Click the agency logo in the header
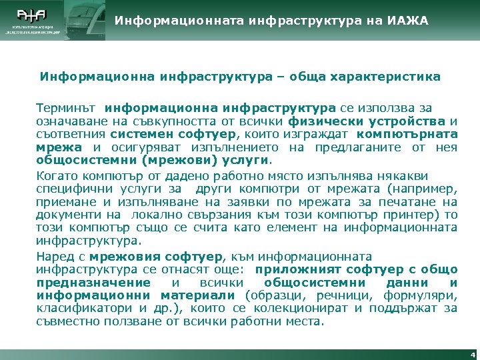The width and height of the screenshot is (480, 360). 32,20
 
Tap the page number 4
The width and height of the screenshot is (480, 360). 472,354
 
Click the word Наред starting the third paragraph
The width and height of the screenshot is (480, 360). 52,257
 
